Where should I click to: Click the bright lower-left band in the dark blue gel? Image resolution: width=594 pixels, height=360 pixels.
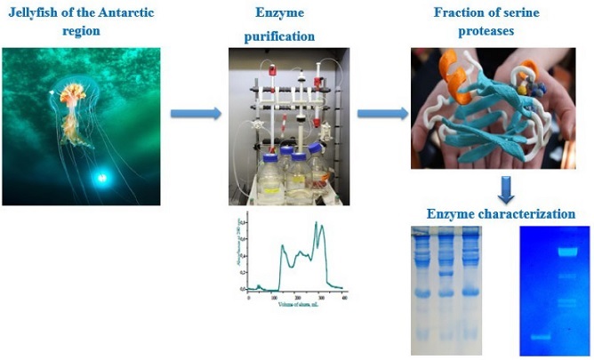point(536,338)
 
